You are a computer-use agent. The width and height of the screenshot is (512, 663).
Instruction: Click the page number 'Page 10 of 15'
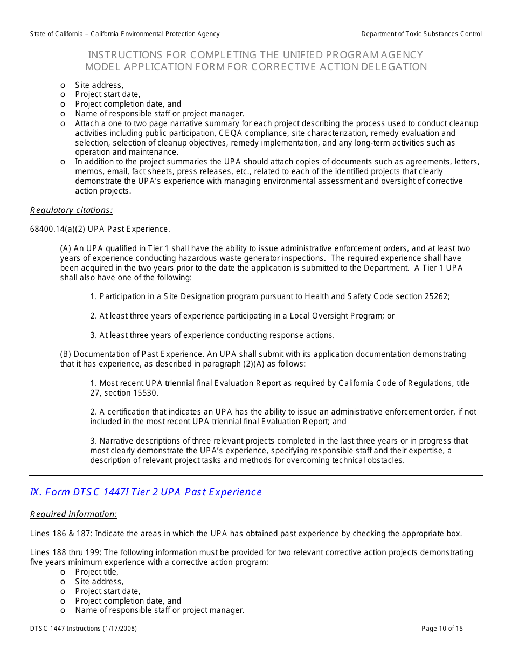pos(441,629)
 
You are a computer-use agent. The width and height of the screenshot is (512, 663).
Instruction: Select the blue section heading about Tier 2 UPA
pos(146,492)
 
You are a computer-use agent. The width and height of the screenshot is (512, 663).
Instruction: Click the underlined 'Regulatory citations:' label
pos(71,210)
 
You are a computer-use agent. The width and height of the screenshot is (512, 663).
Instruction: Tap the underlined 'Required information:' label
pos(73,514)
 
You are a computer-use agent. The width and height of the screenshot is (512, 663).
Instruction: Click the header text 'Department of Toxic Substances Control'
pos(421,34)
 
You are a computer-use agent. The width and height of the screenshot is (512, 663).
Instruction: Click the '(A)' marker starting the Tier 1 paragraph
pos(65,248)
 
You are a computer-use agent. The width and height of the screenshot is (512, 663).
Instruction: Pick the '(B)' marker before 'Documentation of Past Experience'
pos(65,354)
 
